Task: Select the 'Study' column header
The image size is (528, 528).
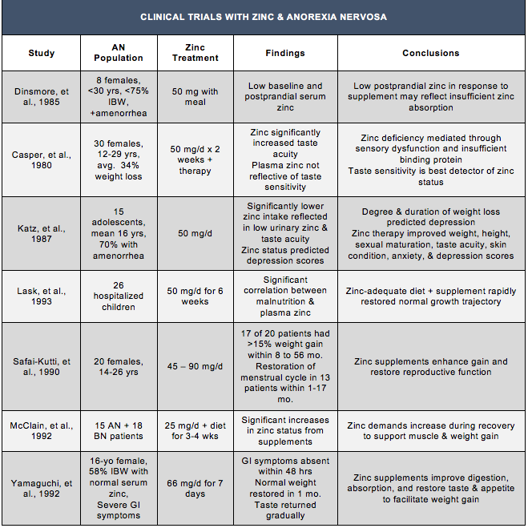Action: [42, 53]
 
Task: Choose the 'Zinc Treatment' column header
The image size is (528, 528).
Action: [195, 53]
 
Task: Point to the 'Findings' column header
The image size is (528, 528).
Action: [285, 53]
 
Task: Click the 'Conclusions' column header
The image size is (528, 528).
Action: [430, 53]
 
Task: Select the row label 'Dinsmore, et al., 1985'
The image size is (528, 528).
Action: [42, 97]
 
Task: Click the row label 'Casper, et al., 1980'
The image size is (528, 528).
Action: [42, 159]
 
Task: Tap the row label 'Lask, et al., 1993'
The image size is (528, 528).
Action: [42, 297]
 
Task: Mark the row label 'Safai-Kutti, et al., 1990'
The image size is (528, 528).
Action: [42, 367]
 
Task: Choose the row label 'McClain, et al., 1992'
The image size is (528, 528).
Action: [42, 430]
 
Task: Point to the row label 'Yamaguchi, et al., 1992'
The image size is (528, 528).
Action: [42, 489]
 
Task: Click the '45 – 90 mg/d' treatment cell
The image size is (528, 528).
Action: [195, 367]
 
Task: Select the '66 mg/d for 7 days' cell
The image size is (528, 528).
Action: [195, 489]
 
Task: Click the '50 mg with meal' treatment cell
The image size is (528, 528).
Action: [195, 97]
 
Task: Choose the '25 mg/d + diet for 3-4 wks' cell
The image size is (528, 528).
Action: [195, 430]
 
